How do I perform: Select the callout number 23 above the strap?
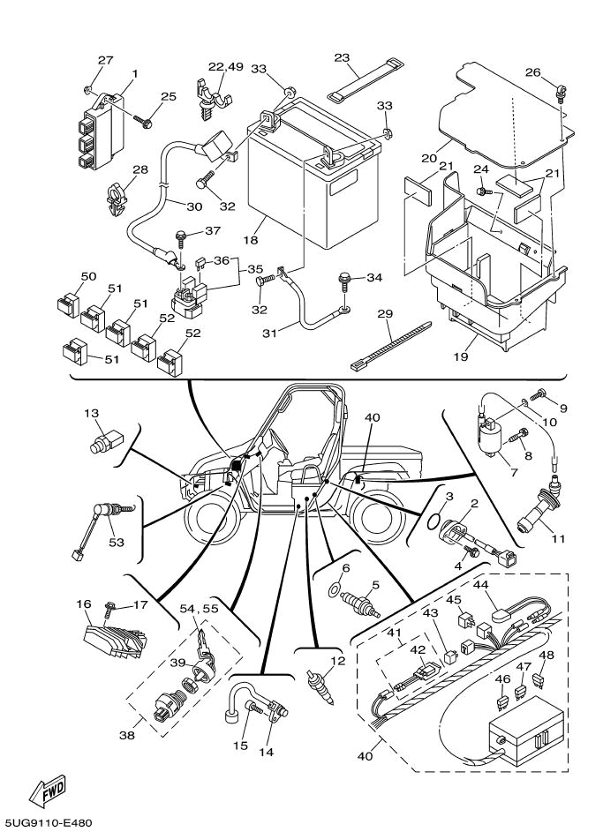(342, 57)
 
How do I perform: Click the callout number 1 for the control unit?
(135, 73)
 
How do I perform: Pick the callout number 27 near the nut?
(105, 60)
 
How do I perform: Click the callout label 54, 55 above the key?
(200, 610)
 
